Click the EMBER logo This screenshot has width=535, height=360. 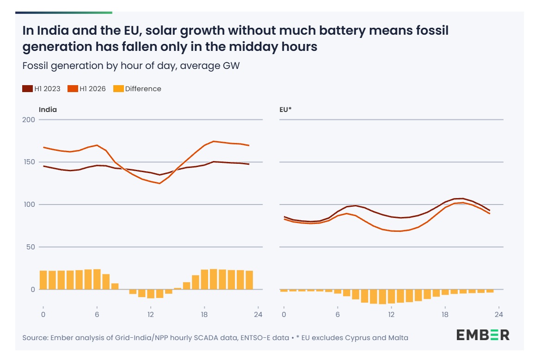tap(483, 335)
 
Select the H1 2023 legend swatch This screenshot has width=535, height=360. tap(27, 89)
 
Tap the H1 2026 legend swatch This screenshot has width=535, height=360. tap(73, 89)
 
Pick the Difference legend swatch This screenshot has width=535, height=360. tap(118, 89)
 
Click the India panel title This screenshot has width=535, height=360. tap(48, 110)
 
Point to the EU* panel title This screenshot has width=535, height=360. tap(286, 110)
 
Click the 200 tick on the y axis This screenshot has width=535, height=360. tap(29, 119)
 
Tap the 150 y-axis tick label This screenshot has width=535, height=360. tap(29, 162)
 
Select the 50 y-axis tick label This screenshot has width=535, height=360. tap(31, 247)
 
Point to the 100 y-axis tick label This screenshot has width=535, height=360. tap(29, 205)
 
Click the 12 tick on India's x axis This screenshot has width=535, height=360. tap(150, 314)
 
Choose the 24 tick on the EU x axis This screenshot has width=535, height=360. tap(499, 314)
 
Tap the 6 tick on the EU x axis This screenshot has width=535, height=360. tap(338, 314)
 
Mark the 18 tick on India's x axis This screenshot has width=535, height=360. tap(204, 314)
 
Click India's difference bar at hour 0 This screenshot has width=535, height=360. tap(43, 280)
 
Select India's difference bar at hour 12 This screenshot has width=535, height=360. tap(151, 294)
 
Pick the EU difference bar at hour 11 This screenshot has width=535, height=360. tap(382, 297)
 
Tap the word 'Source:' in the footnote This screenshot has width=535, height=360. tap(35, 338)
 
